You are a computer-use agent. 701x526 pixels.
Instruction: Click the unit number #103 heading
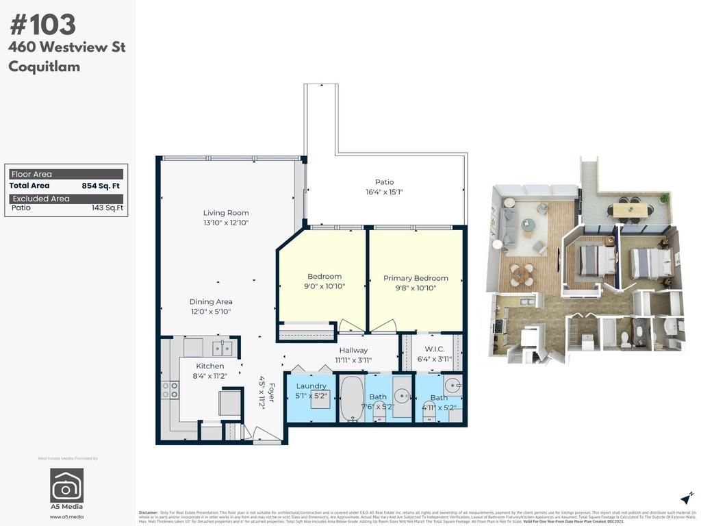[x=42, y=25]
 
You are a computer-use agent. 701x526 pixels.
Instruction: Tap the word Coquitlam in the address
[x=44, y=66]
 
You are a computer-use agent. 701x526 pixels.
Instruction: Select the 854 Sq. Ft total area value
[x=101, y=186]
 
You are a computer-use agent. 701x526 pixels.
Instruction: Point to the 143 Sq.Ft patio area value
[x=107, y=208]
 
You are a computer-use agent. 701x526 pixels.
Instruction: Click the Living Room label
[x=226, y=213]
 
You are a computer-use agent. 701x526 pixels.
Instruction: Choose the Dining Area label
[x=211, y=301]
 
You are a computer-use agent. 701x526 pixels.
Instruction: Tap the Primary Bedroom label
[x=416, y=278]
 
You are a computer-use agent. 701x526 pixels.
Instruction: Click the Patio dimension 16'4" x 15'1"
[x=384, y=192]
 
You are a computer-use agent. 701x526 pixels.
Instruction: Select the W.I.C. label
[x=435, y=349]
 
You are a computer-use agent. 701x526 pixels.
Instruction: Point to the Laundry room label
[x=311, y=386]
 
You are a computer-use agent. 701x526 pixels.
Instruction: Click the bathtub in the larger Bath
[x=352, y=399]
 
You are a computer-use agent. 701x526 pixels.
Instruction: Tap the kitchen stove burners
[x=170, y=390]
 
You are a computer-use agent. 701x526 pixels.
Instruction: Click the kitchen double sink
[x=222, y=348]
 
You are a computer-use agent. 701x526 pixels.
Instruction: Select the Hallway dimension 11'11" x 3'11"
[x=353, y=360]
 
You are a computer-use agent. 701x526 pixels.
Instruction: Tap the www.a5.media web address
[x=66, y=516]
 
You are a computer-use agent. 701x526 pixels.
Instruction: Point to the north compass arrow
[x=687, y=499]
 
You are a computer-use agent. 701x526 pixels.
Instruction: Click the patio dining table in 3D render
[x=628, y=208]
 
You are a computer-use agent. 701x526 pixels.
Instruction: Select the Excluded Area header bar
[x=66, y=199]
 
